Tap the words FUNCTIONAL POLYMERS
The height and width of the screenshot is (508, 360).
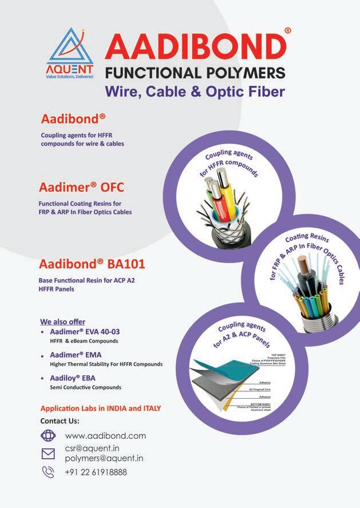[194, 73]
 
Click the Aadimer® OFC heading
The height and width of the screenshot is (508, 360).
[81, 188]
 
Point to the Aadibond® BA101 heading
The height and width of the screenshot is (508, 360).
[92, 265]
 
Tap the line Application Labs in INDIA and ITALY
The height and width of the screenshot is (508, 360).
[100, 408]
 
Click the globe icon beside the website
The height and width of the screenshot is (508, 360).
[48, 436]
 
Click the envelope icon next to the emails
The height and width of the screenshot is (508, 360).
[48, 454]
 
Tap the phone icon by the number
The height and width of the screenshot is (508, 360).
[48, 472]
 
